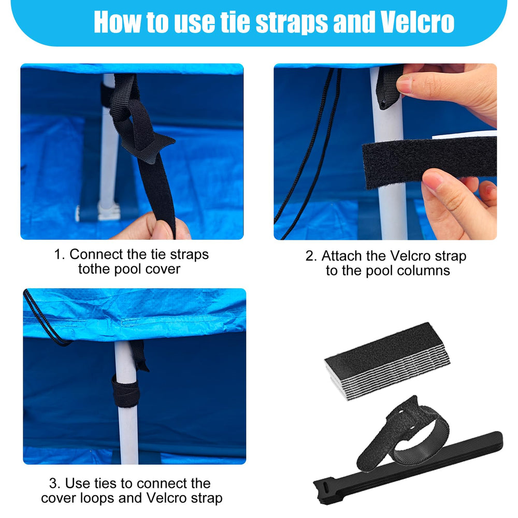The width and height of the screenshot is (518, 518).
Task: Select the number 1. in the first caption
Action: pyautogui.click(x=60, y=254)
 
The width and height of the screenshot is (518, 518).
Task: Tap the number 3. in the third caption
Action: pyautogui.click(x=55, y=483)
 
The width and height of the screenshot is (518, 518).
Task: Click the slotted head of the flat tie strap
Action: pyautogui.click(x=325, y=489)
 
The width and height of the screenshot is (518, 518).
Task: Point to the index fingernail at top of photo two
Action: pyautogui.click(x=404, y=84)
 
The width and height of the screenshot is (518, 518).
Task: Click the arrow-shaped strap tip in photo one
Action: pyautogui.click(x=149, y=149)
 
